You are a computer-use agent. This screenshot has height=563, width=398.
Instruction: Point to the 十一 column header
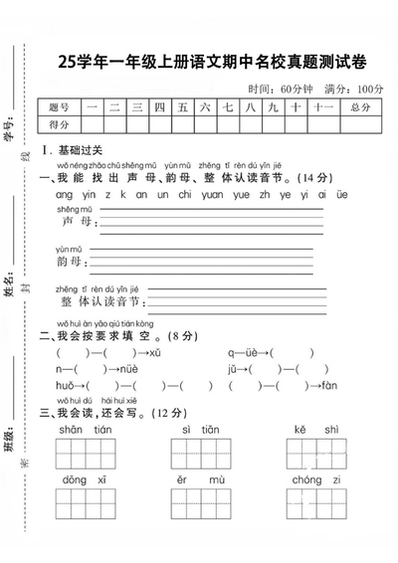click(x=320, y=106)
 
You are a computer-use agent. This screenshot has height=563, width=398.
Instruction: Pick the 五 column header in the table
click(x=183, y=106)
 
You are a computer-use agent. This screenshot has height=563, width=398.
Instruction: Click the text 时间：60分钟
click(x=280, y=88)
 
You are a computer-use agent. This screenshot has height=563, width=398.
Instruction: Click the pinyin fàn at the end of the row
click(x=330, y=386)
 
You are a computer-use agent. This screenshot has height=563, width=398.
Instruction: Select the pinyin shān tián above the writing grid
click(x=86, y=429)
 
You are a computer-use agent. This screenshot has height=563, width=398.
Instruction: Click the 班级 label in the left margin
click(x=11, y=441)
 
